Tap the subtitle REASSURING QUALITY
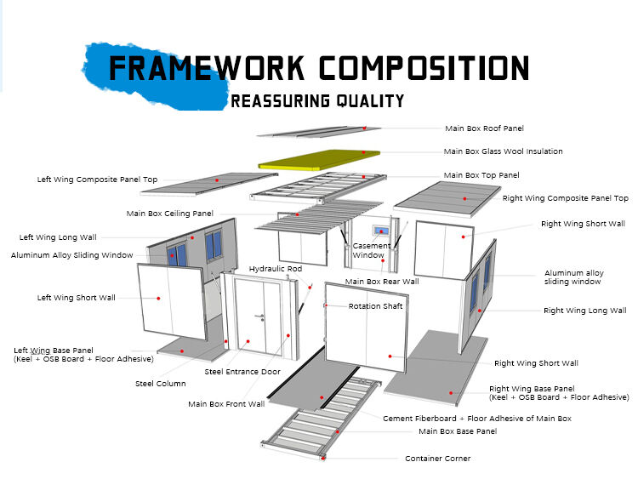point(317,101)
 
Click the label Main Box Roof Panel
point(484,128)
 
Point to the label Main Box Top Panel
point(482,175)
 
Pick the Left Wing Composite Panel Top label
point(97,180)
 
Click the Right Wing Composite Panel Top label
point(565,198)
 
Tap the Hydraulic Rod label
point(275,269)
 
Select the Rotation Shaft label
point(375,306)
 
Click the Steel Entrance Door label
point(242,372)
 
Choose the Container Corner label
point(437,459)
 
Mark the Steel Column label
point(160,384)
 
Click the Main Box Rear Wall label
point(381,282)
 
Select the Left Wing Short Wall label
point(76,298)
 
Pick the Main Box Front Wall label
point(226,404)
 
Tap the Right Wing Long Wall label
point(584,311)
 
